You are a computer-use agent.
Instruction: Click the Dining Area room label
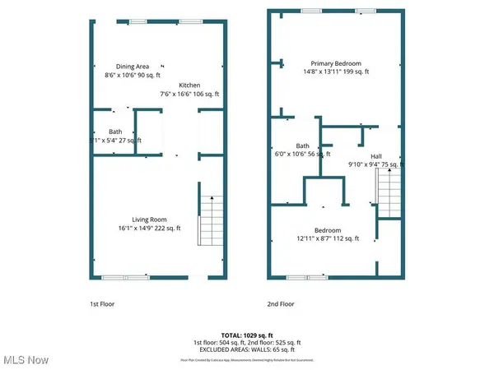click(132, 67)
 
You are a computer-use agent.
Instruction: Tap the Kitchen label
click(191, 85)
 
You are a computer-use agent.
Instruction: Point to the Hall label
click(375, 155)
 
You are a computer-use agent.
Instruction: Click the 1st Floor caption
click(101, 304)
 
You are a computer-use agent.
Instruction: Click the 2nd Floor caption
click(279, 304)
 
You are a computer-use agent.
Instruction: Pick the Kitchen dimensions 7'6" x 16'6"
click(191, 93)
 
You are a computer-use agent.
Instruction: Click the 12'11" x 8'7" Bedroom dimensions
click(324, 238)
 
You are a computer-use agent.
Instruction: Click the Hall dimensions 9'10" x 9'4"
click(375, 164)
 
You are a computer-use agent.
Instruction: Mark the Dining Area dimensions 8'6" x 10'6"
click(132, 75)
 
